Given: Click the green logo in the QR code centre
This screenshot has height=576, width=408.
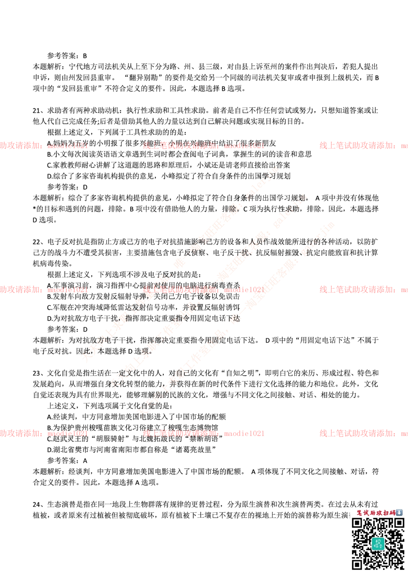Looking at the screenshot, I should (378, 543).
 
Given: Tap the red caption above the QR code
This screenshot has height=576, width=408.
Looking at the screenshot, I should (373, 512).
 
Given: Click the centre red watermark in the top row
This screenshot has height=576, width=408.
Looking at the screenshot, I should (203, 145).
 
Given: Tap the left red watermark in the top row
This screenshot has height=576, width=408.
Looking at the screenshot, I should (43, 145).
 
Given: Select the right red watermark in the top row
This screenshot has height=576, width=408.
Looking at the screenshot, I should (363, 145).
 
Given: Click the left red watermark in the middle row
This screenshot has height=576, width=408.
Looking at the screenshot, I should (43, 290).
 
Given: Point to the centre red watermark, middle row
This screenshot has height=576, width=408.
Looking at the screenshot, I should (203, 290).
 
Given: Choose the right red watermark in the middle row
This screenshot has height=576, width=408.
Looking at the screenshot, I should (363, 290).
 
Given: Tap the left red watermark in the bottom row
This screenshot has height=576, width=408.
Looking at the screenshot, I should (43, 433).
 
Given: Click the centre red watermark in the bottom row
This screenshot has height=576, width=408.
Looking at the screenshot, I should (203, 433).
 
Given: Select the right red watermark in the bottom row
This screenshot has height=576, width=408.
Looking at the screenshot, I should (363, 433).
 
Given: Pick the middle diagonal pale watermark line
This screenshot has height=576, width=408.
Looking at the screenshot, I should (208, 291).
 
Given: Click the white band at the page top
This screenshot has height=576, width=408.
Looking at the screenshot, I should (204, 34).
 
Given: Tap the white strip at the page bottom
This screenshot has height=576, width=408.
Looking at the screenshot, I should (171, 544).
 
